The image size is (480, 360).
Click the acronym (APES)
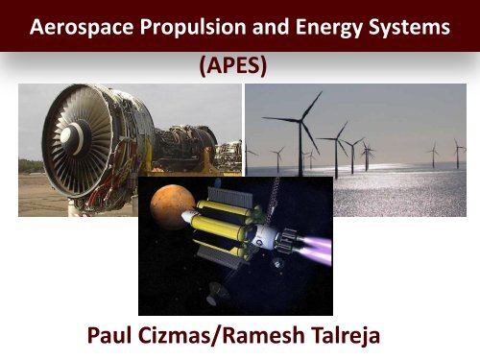[x=239, y=67]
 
